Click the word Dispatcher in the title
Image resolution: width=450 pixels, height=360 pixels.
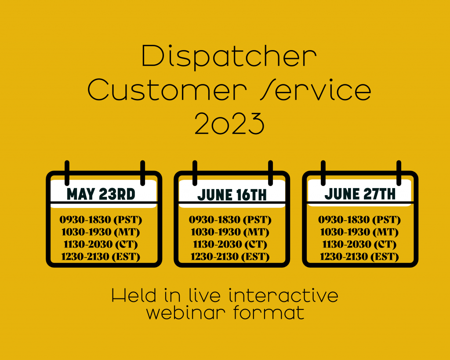point(229,57)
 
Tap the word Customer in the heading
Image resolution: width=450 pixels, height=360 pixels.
point(167,90)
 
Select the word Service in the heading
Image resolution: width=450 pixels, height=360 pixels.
point(316,90)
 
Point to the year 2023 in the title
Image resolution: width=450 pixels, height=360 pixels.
point(229,124)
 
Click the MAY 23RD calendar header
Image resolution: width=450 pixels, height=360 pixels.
point(101,194)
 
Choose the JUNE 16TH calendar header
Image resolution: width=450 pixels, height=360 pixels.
point(232,195)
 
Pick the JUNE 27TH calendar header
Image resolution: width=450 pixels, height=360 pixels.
point(360,194)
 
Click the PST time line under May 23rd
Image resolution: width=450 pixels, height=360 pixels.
point(101,220)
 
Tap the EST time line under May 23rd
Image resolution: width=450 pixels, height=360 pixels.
point(101,257)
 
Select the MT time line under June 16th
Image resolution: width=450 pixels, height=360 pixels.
point(230,232)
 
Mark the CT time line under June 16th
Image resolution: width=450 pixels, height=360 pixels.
point(230,244)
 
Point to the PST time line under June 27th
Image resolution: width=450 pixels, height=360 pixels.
point(359,220)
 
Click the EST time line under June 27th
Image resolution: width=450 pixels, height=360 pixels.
point(359,257)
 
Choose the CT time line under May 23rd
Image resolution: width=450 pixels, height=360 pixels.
point(101,244)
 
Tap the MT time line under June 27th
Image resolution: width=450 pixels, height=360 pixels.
point(359,232)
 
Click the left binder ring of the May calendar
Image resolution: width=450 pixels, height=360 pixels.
point(67,173)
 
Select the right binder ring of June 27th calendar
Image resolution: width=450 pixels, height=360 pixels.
point(399,173)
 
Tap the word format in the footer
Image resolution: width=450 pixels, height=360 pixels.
point(269,313)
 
